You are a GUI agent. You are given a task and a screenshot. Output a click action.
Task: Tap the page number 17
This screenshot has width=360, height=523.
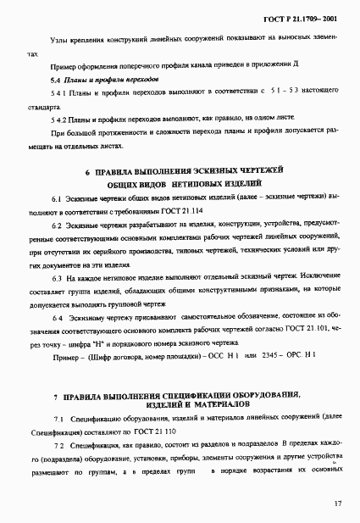tap(337, 504)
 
